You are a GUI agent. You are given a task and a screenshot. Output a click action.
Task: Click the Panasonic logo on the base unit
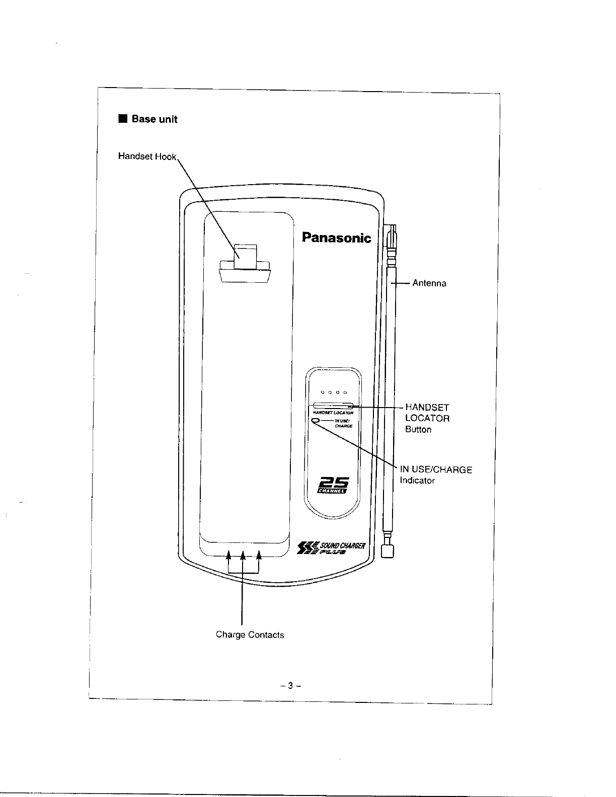tap(336, 237)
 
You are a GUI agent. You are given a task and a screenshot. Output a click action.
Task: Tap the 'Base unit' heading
tap(154, 119)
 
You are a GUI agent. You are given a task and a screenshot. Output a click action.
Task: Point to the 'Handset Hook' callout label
tap(147, 156)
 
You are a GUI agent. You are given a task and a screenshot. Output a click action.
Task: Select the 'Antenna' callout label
tap(429, 283)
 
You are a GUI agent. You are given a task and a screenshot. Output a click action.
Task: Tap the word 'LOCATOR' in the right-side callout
tap(427, 418)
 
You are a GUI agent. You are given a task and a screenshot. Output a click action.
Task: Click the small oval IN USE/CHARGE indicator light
tap(316, 421)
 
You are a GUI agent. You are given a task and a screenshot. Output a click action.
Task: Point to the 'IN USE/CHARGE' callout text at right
tap(436, 470)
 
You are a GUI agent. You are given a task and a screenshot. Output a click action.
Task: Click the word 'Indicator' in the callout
tap(417, 481)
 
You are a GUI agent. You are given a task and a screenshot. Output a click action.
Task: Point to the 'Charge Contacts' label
tap(250, 634)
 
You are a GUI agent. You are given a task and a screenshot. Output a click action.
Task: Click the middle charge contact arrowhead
tap(243, 555)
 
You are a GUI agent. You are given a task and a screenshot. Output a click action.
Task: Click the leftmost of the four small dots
tap(322, 392)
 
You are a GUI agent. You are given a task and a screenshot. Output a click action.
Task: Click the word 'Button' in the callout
tap(418, 430)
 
